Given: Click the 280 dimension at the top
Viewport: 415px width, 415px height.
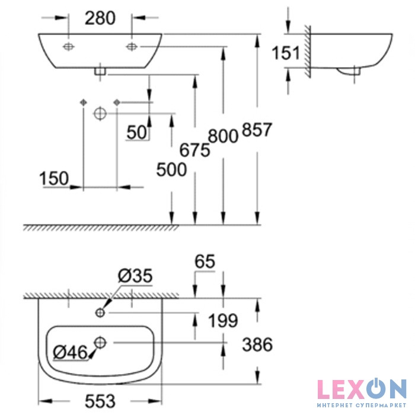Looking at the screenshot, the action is (x=100, y=18).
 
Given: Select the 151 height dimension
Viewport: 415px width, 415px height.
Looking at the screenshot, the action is (x=286, y=53).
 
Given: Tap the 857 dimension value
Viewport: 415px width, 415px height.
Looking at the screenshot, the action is (x=257, y=129).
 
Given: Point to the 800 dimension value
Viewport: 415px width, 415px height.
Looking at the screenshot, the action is (x=223, y=136).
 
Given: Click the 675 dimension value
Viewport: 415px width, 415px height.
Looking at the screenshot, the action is (x=195, y=150).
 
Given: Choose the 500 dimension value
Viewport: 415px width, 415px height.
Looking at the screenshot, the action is (x=171, y=170).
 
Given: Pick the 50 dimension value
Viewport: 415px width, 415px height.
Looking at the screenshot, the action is (x=136, y=132).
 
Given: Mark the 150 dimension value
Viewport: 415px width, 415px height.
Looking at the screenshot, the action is (x=54, y=178).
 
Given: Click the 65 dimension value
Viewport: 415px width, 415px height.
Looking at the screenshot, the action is (x=205, y=261).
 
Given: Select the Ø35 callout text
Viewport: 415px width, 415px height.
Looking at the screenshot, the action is (x=135, y=276).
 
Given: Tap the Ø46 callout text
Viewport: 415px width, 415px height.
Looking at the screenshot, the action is (x=70, y=352).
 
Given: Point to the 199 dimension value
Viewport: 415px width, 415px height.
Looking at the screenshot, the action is (x=223, y=321).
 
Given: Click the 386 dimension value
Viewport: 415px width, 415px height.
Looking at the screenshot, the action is (x=257, y=344).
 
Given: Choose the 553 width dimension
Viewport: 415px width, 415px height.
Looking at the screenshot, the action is (x=100, y=401).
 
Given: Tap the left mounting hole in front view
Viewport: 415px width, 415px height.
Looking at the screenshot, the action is (x=69, y=47).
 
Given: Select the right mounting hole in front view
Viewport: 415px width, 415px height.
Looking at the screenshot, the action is (x=132, y=47).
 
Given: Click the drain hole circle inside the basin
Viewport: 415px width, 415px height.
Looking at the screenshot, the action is (x=100, y=343).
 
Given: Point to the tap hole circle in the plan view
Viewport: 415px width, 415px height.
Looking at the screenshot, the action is (x=100, y=313).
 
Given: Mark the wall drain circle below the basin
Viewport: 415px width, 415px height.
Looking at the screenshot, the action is (x=100, y=114).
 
